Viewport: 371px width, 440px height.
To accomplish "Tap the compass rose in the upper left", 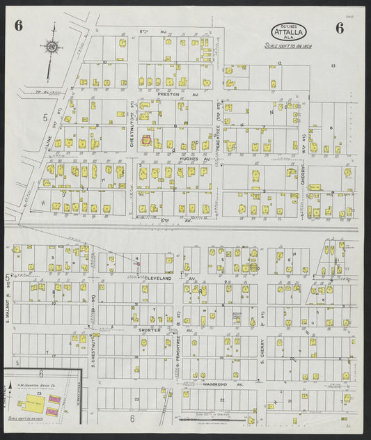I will (x=52, y=47).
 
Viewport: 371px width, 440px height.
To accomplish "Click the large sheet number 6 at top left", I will (x=19, y=27).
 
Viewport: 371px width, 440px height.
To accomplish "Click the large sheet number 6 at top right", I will (x=339, y=28).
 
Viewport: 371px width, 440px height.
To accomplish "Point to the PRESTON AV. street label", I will (x=169, y=93).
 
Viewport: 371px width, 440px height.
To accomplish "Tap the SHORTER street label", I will (x=149, y=330).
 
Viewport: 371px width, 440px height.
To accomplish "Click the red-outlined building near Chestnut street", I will (x=147, y=139).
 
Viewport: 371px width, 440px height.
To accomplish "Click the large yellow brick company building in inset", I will (x=32, y=403).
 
